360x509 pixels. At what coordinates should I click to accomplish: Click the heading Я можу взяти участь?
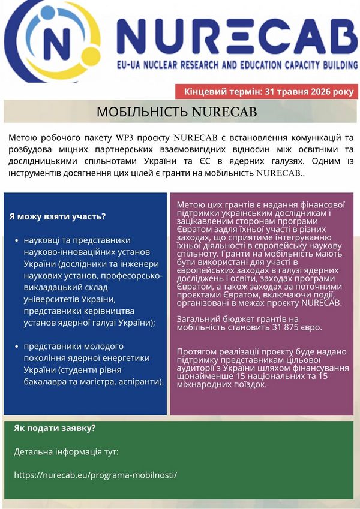coord(58,216)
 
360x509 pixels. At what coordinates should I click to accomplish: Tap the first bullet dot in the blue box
coord(16,240)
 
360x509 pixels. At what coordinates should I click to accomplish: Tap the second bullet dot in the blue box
coord(16,347)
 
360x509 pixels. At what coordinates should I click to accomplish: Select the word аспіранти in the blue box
coord(137,382)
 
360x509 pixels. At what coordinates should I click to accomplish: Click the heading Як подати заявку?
coord(55,428)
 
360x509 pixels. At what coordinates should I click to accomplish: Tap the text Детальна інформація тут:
coord(66,451)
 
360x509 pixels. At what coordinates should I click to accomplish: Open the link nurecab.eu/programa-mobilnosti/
coord(95,474)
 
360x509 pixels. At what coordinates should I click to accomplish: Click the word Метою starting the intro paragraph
coord(22,138)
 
